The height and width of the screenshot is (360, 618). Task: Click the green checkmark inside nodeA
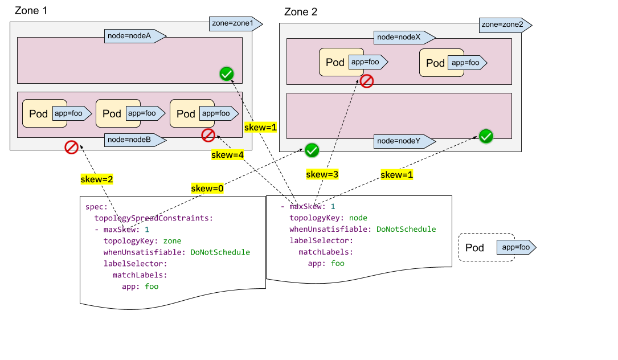227,73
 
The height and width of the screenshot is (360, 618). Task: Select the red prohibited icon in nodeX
367,81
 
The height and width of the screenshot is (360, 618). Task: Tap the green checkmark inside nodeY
486,136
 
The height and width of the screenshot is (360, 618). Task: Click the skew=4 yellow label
227,154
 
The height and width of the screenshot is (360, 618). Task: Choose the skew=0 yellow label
207,189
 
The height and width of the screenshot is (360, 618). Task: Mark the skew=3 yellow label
322,174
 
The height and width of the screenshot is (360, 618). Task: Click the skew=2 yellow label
96,179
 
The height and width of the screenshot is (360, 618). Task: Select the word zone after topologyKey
172,241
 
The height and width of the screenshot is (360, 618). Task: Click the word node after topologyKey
358,218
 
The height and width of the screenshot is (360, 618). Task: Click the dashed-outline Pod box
486,248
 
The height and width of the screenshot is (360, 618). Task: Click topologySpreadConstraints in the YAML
154,218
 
